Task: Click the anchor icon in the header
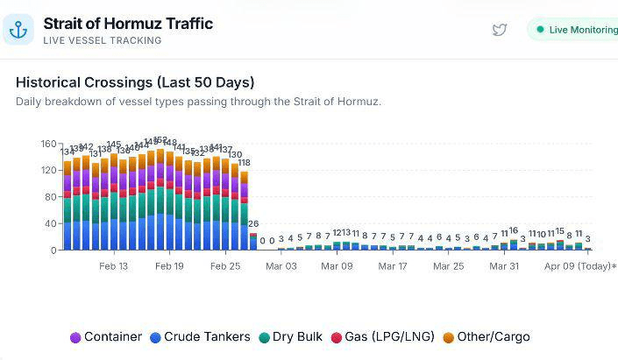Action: (x=18, y=31)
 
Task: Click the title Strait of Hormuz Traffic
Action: (x=128, y=24)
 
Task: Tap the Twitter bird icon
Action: (x=500, y=30)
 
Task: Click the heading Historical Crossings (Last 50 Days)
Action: (x=135, y=82)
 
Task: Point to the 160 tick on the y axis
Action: (x=48, y=144)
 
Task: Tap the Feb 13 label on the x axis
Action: (x=113, y=266)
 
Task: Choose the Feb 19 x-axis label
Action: (x=168, y=266)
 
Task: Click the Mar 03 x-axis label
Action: (x=281, y=266)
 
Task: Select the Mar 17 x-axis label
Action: (x=393, y=266)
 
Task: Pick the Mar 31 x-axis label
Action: (x=505, y=266)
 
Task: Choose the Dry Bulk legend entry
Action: (x=291, y=337)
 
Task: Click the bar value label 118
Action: (x=245, y=163)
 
